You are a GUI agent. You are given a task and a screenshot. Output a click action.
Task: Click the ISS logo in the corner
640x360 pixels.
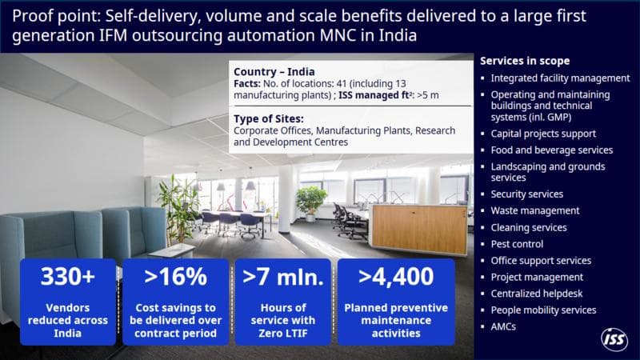[x=614, y=339]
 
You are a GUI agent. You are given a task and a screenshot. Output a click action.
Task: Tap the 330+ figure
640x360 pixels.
[x=68, y=276]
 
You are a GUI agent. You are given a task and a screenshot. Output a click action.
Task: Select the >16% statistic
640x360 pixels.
[x=175, y=276]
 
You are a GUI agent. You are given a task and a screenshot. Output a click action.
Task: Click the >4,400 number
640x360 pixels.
[x=396, y=276]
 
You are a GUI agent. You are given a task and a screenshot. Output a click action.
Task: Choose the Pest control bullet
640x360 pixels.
[x=517, y=244]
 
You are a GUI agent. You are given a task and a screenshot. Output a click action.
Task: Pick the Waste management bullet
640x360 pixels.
[x=534, y=210]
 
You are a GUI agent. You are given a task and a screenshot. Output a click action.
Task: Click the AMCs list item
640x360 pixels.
[x=503, y=326]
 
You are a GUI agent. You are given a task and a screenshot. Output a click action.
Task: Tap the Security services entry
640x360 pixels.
[x=526, y=194]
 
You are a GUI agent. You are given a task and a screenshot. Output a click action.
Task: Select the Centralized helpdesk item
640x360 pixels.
[x=536, y=294]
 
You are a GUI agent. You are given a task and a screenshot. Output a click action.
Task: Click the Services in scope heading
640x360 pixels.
[x=525, y=61]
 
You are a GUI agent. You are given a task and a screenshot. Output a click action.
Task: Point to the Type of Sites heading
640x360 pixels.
[x=269, y=118]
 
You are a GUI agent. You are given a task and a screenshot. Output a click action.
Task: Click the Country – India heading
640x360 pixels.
[x=274, y=72]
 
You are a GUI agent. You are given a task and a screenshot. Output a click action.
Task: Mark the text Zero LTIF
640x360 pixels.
[x=283, y=333]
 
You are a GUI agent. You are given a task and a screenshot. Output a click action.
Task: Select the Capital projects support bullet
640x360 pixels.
[x=543, y=134]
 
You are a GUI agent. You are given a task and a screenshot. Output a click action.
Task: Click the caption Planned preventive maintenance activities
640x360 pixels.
[x=396, y=321]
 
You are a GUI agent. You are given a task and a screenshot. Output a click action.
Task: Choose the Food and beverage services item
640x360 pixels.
[x=551, y=150]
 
